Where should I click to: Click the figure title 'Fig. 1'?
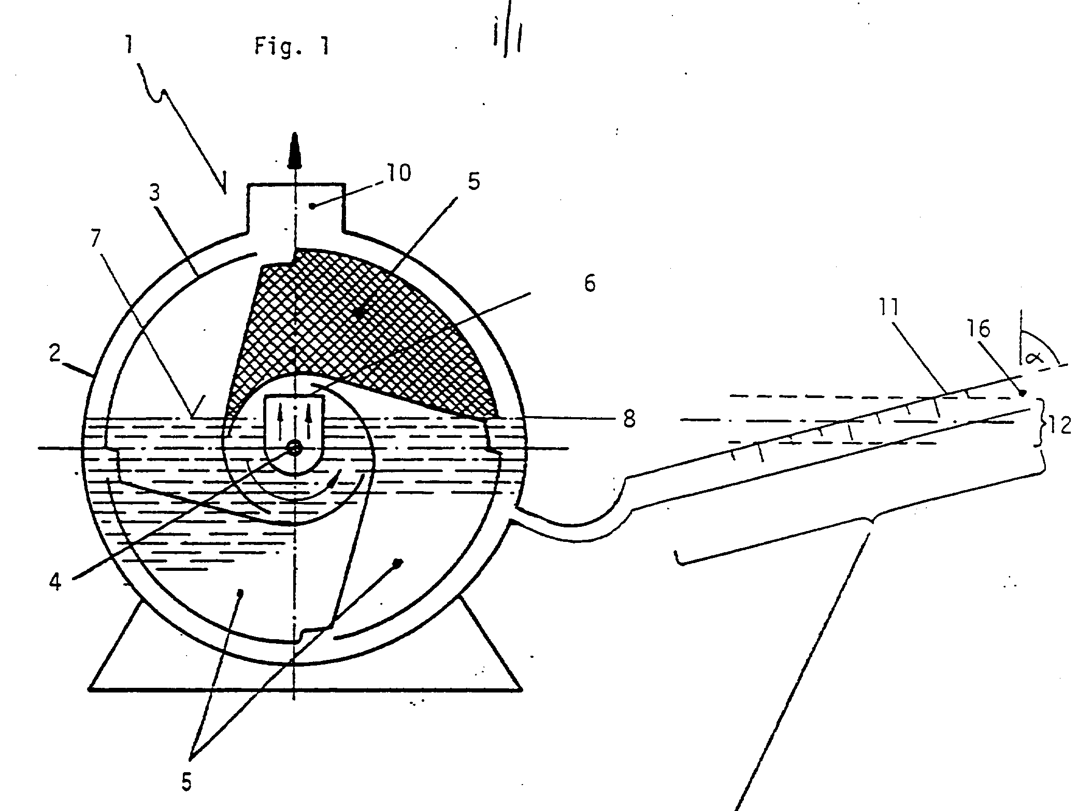[292, 47]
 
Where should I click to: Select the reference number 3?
[154, 193]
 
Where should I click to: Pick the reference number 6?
[590, 284]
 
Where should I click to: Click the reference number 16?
[978, 329]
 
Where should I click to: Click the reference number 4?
[55, 582]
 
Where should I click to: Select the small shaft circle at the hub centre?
[294, 449]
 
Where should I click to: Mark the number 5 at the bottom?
[186, 783]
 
